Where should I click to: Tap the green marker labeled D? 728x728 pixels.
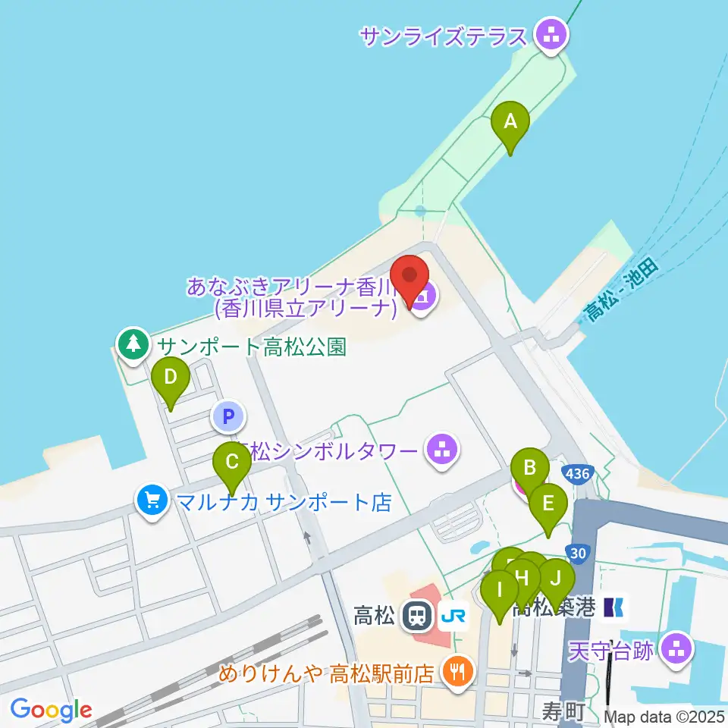[171, 378]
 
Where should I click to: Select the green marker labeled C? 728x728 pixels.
[232, 463]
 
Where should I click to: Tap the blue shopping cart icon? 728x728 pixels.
[152, 500]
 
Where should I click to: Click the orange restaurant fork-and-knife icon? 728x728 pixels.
[458, 670]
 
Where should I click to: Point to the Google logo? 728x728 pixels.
[51, 710]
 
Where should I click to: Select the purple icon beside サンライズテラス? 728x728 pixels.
[551, 34]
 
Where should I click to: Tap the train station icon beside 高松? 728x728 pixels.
[416, 615]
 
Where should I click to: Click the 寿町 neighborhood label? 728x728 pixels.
[562, 711]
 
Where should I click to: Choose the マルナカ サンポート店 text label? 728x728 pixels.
[284, 501]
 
